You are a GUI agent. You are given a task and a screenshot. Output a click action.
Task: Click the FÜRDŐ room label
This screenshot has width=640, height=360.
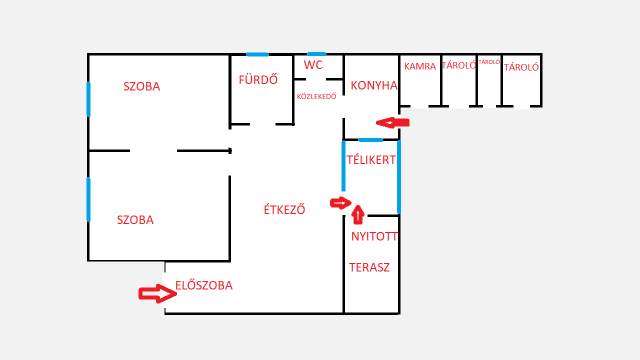coord(258,80)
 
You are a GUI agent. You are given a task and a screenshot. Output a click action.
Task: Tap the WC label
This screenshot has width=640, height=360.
coord(314,65)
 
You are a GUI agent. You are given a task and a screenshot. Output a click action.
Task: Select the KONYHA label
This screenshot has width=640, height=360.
coord(374,86)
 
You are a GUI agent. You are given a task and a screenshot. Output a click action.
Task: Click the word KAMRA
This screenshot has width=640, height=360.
coord(420,67)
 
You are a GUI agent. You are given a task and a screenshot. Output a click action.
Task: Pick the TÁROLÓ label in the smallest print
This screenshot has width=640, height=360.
coord(489,62)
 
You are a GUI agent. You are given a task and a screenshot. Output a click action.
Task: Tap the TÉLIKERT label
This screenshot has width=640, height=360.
coord(371,160)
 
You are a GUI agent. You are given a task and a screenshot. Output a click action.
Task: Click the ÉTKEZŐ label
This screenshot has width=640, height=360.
coord(284,210)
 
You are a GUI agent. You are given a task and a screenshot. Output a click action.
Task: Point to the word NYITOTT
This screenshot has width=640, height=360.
coord(375,237)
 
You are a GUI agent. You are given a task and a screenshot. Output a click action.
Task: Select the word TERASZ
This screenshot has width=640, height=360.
coord(369,268)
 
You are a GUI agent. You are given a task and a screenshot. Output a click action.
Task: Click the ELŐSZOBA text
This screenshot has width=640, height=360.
coord(204,285)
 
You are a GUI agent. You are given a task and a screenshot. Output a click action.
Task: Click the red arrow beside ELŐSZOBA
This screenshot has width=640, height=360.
coord(156,293)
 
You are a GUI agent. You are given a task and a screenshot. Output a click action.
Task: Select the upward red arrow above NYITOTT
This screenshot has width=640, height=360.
coord(359,212)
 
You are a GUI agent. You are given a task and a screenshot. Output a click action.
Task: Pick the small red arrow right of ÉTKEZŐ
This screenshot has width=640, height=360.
coord(340,203)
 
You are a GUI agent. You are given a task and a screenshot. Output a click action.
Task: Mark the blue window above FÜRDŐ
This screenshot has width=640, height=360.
coord(257,54)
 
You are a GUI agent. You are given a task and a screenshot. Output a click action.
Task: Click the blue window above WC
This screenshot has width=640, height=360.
coord(317,54)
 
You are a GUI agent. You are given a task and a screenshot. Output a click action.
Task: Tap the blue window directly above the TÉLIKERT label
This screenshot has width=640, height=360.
coord(371,140)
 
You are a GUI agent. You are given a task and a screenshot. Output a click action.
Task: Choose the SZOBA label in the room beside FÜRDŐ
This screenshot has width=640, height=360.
coord(142,86)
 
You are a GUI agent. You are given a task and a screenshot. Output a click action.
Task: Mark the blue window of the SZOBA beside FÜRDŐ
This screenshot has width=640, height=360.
coord(88,99)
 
